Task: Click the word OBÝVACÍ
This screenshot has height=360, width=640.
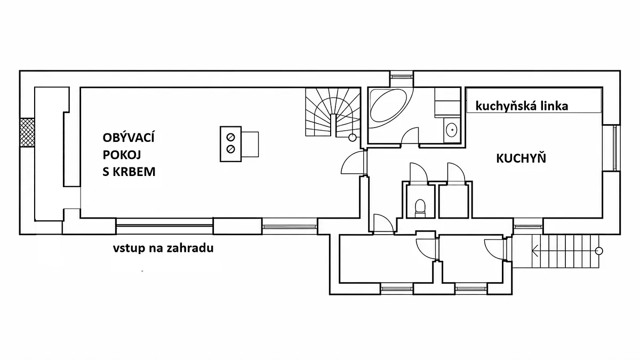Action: click(x=129, y=137)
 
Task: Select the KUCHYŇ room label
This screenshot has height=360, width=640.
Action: click(x=521, y=158)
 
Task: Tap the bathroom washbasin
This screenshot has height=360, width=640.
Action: click(x=451, y=130)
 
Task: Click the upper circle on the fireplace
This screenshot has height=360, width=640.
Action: click(x=230, y=138)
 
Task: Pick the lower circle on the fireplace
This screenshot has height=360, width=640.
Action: click(x=230, y=149)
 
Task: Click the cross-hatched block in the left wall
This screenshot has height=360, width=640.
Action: click(x=27, y=133)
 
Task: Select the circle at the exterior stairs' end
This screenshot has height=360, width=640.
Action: click(x=599, y=251)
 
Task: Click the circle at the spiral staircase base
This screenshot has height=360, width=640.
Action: click(x=353, y=138)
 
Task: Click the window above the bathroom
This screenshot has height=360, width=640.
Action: click(x=402, y=77)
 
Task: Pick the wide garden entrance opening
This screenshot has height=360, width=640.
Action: click(x=165, y=226)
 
